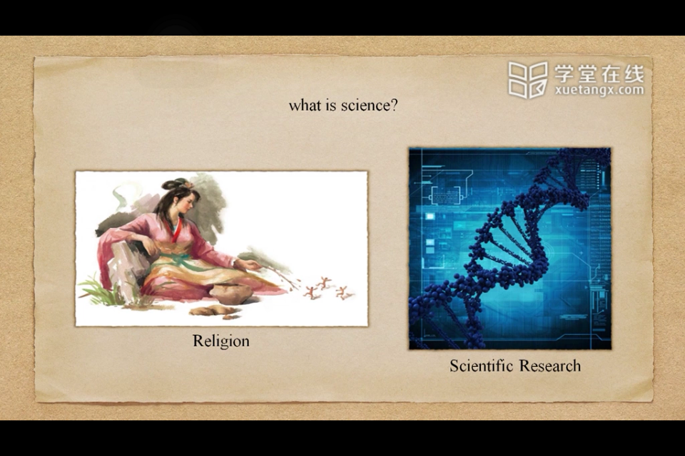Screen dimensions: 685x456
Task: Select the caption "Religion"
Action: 221,341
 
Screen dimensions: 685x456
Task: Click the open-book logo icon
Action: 528,80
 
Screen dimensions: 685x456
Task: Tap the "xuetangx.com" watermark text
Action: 599,90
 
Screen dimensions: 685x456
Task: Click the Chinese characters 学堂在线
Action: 599,73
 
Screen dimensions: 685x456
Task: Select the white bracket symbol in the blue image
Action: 445,195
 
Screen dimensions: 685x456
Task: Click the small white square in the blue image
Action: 430,217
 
